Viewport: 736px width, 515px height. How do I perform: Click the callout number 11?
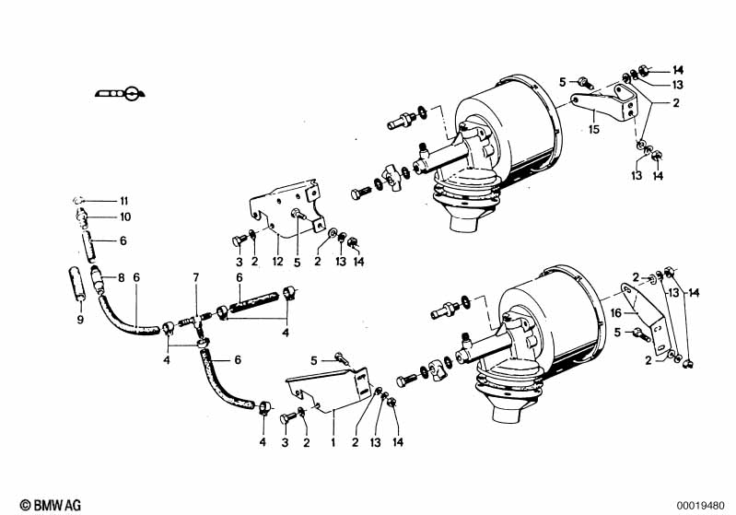click(x=124, y=201)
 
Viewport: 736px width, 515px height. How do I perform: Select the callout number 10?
click(x=125, y=217)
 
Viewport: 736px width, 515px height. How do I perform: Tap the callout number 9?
click(x=80, y=320)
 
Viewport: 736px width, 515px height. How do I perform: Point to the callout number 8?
click(x=121, y=277)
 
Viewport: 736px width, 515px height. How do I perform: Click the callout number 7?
click(x=196, y=277)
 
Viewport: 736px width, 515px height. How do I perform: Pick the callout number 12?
click(x=278, y=261)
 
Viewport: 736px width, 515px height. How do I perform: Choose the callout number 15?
click(x=594, y=129)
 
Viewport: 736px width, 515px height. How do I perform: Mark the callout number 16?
click(x=616, y=312)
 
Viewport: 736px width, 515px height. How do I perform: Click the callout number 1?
click(x=333, y=442)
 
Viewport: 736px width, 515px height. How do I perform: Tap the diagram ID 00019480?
click(x=700, y=506)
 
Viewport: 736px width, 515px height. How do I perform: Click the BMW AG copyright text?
click(x=51, y=505)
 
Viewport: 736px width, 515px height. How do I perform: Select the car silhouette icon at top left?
click(x=120, y=93)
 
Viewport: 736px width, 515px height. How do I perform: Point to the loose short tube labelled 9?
click(x=76, y=282)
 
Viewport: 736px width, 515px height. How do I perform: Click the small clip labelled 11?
click(x=78, y=201)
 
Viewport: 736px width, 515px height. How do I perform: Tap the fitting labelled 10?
click(x=81, y=217)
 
